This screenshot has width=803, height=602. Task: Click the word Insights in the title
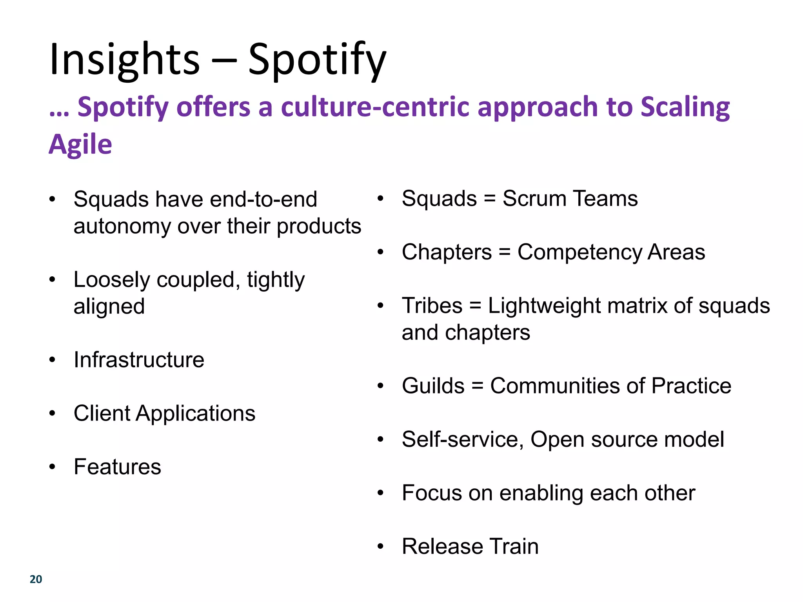tap(125, 60)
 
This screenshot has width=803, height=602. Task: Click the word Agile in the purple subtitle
tap(80, 144)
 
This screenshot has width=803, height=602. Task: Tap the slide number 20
tap(36, 579)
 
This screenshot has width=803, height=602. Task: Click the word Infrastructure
tap(139, 360)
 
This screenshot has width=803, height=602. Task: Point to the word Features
tap(117, 467)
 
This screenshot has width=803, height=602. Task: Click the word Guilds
tap(433, 386)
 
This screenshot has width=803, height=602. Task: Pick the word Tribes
tap(432, 306)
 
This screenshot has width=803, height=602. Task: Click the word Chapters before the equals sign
tap(447, 252)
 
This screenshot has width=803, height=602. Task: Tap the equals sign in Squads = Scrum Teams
tap(490, 199)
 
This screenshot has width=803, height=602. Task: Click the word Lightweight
tap(544, 306)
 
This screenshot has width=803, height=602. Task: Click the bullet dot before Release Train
tap(380, 546)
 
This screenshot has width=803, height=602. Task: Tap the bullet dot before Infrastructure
tap(52, 360)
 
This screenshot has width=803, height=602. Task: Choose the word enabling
tap(541, 493)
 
